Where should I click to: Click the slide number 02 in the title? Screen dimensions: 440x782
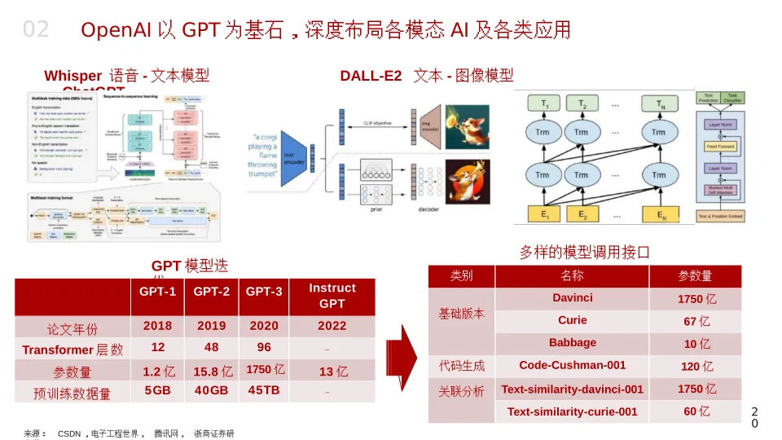point(36,30)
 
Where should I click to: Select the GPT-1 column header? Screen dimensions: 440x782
point(157,292)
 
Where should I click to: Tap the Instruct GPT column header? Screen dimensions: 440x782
point(332,296)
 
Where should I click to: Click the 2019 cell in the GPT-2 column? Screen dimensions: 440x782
point(211,326)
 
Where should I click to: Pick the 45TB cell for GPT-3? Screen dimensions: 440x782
point(264,390)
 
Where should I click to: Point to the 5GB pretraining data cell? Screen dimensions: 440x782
point(157,390)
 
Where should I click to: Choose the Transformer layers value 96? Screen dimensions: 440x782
point(264,347)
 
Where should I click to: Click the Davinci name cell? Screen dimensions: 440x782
point(572,298)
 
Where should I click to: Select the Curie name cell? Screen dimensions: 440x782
point(572,320)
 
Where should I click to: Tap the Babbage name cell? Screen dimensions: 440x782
point(572,343)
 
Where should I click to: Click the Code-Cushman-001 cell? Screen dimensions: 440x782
point(572,366)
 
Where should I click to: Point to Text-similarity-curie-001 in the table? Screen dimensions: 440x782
point(572,411)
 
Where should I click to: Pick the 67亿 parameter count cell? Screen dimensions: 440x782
point(696,321)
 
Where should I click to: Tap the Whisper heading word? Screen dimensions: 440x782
point(72,76)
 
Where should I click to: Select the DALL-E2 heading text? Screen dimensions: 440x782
point(371,76)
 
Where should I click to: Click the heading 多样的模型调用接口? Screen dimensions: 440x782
point(584,253)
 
